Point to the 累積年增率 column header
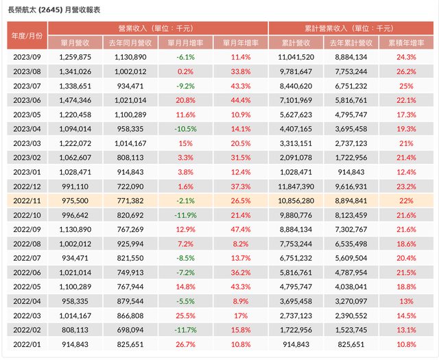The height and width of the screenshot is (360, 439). pyautogui.click(x=406, y=41)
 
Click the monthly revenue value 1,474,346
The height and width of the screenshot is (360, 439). pyautogui.click(x=70, y=99)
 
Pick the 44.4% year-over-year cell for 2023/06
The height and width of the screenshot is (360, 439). pyautogui.click(x=241, y=99)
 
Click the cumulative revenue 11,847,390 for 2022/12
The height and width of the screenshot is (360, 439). pyautogui.click(x=298, y=186)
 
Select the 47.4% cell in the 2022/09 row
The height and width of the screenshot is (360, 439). pyautogui.click(x=241, y=229)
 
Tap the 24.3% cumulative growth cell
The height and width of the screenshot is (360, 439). pyautogui.click(x=406, y=57)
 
